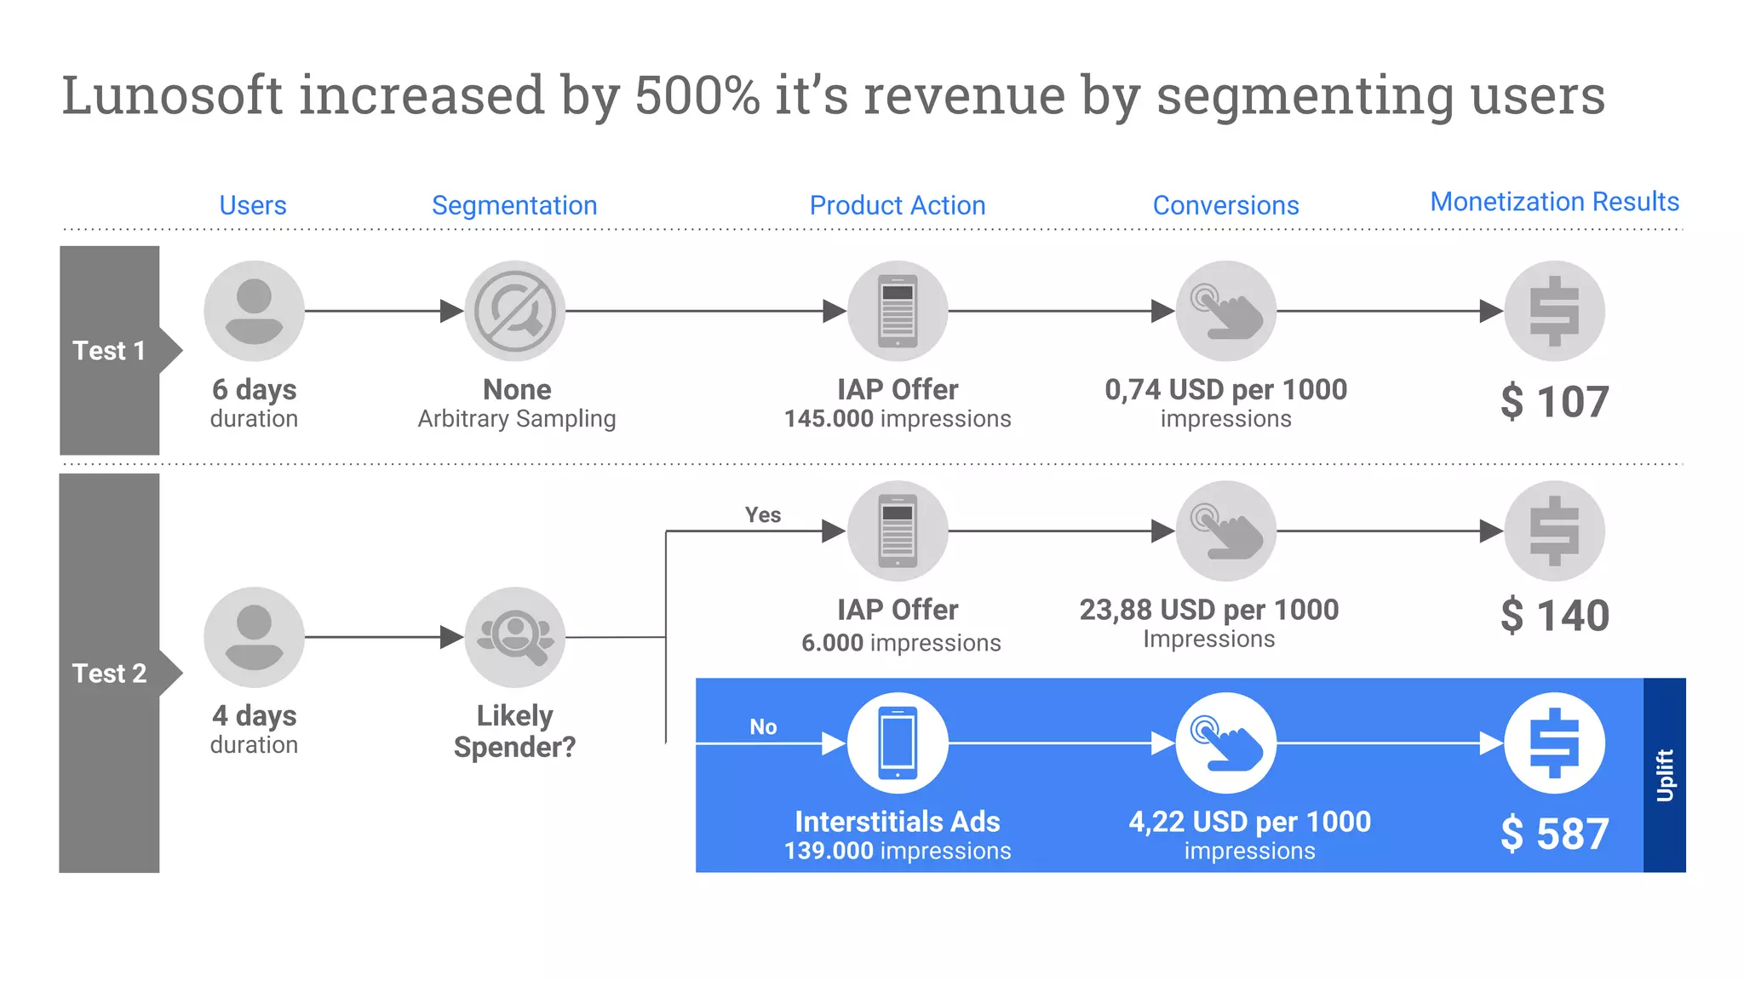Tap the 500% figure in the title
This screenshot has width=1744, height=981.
tap(697, 95)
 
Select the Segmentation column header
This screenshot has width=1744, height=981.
tap(514, 205)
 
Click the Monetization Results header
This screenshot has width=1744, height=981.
tap(1554, 202)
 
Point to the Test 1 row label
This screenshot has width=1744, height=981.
tap(109, 351)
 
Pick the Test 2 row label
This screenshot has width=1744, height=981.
tap(109, 674)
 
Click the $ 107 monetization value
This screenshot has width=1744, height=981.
tap(1554, 402)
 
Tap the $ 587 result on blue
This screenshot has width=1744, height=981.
tap(1554, 834)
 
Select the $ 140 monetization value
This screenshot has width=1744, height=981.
tap(1554, 616)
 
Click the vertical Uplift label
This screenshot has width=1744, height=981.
tap(1664, 775)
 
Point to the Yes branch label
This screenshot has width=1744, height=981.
tap(762, 515)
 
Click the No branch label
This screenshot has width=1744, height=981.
tap(763, 727)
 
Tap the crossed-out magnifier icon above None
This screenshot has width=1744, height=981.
tap(514, 312)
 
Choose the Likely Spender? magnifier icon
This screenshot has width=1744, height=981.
tap(514, 637)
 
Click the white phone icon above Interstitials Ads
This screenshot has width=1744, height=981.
tap(898, 743)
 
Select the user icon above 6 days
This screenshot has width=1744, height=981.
tap(254, 312)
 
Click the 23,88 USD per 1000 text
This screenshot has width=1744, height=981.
tap(1208, 611)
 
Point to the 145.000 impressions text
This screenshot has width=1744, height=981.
tap(898, 419)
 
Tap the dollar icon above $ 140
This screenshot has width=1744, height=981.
tap(1554, 531)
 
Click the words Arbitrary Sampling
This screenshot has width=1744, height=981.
tap(516, 419)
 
